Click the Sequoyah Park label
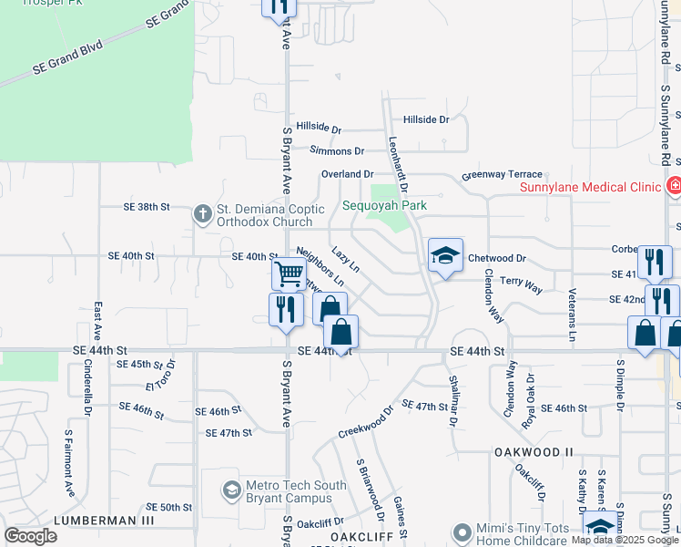click(384, 205)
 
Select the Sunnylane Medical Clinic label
click(589, 188)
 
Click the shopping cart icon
click(289, 273)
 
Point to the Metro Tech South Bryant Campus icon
click(231, 491)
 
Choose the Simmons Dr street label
click(337, 150)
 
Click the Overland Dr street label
click(348, 174)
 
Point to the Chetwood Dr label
click(497, 259)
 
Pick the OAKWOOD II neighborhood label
click(534, 452)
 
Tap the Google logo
click(30, 536)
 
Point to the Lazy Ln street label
click(345, 259)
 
